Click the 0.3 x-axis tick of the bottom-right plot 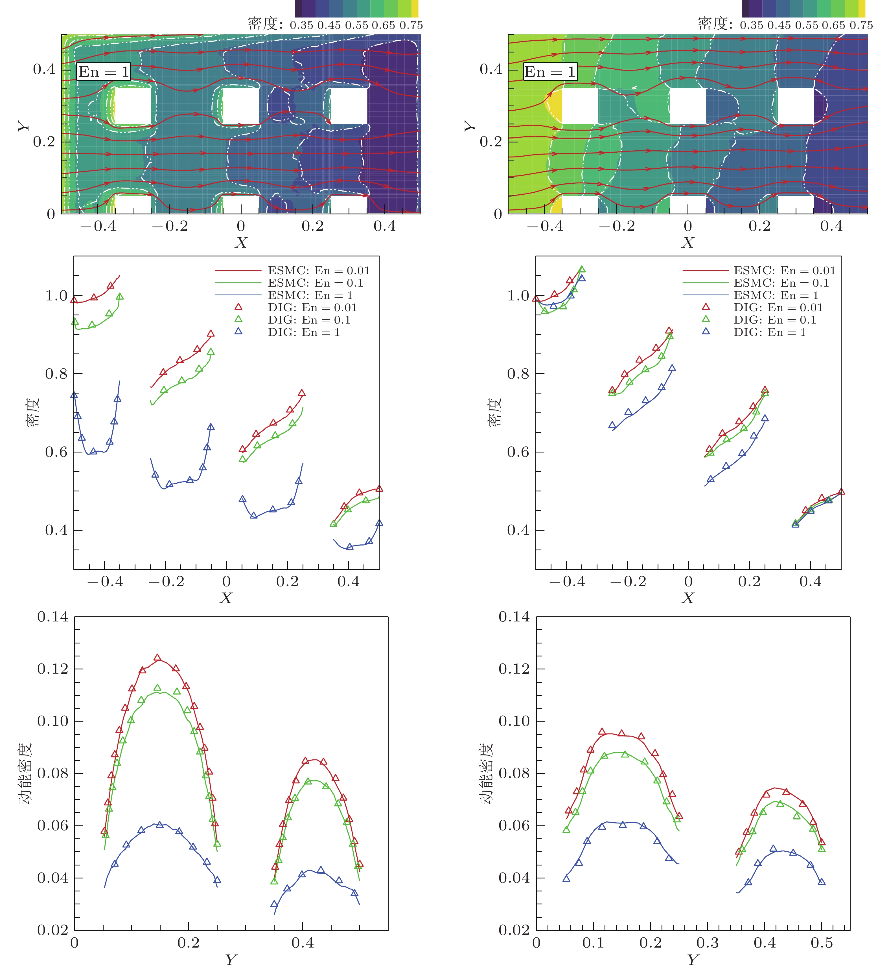pyautogui.click(x=708, y=942)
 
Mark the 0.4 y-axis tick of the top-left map pyautogui.click(x=44, y=69)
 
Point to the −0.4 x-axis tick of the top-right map pyautogui.click(x=545, y=226)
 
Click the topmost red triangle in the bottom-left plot pyautogui.click(x=157, y=657)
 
